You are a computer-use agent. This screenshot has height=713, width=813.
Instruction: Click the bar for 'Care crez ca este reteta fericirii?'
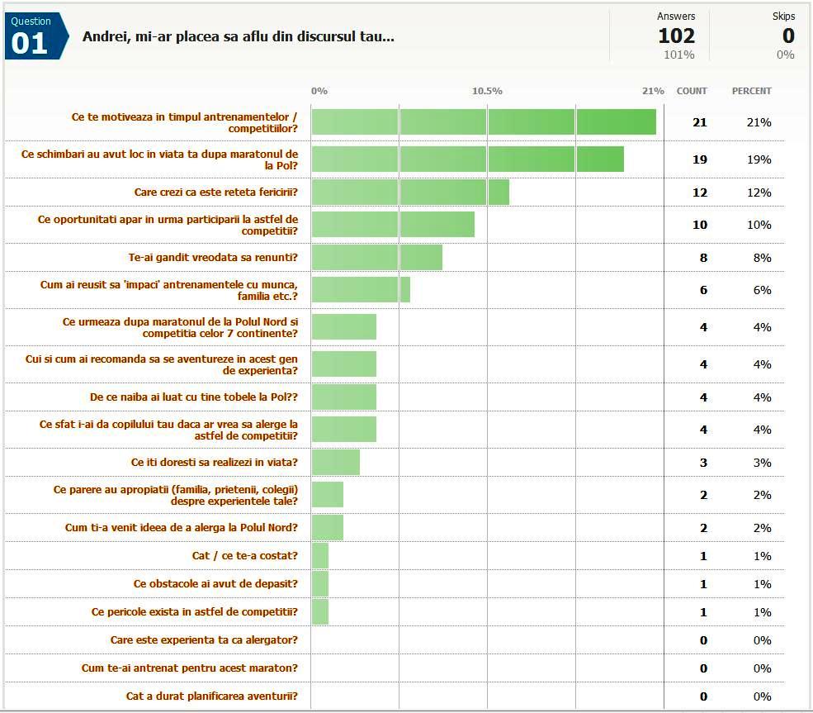pyautogui.click(x=410, y=193)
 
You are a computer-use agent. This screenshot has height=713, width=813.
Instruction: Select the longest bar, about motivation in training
pyautogui.click(x=484, y=121)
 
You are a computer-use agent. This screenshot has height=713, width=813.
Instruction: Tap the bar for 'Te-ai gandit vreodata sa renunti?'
pyautogui.click(x=377, y=257)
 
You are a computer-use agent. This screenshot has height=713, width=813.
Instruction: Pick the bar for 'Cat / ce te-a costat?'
pyautogui.click(x=320, y=556)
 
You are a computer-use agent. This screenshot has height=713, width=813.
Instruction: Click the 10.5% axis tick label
pyautogui.click(x=487, y=91)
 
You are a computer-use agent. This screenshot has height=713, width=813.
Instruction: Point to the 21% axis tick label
pyautogui.click(x=653, y=91)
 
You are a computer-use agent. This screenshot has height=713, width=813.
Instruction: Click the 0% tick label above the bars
pyautogui.click(x=319, y=91)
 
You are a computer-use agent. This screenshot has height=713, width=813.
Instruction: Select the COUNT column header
pyautogui.click(x=692, y=91)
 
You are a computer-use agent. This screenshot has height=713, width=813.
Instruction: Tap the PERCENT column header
pyautogui.click(x=751, y=91)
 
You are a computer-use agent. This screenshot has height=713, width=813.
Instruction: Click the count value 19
pyautogui.click(x=699, y=159)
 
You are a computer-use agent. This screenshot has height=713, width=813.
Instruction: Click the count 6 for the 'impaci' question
pyautogui.click(x=703, y=290)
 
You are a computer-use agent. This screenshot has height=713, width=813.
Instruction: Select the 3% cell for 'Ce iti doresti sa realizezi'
pyautogui.click(x=762, y=462)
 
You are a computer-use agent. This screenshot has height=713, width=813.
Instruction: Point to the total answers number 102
pyautogui.click(x=676, y=36)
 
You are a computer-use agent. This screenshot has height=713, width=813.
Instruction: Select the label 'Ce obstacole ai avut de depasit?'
pyautogui.click(x=215, y=583)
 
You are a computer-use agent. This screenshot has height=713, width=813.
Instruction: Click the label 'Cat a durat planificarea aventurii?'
pyautogui.click(x=212, y=696)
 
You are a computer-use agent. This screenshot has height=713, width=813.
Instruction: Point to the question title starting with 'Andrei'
pyautogui.click(x=239, y=36)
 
